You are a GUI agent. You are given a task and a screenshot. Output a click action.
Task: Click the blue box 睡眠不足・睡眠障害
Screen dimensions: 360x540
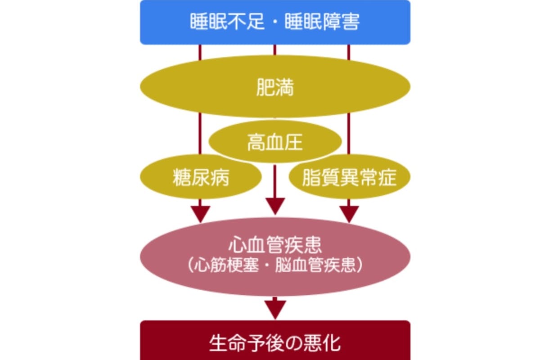275,22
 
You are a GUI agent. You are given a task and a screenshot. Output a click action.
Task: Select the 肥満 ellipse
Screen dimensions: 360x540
275,88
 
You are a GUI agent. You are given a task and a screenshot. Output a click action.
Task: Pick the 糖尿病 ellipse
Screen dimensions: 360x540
201,177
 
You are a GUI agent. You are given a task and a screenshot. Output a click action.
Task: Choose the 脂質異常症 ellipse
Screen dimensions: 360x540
349,177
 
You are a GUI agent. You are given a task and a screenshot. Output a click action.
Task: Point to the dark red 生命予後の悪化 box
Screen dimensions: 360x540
275,342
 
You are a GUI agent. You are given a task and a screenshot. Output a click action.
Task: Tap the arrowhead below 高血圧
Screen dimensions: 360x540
275,206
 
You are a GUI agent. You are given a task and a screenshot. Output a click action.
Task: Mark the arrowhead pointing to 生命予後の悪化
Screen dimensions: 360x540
275,310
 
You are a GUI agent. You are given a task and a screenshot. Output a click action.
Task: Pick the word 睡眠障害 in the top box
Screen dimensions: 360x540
322,22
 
